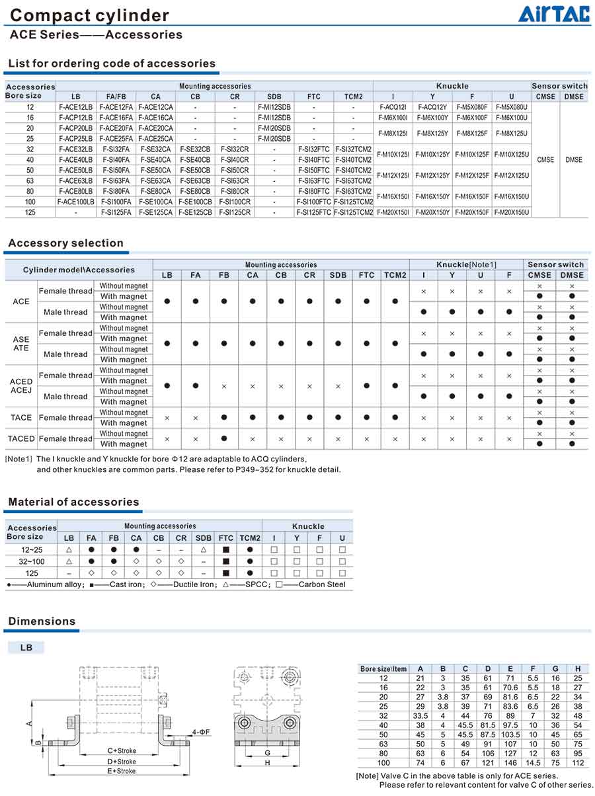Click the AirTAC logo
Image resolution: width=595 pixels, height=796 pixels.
click(x=553, y=14)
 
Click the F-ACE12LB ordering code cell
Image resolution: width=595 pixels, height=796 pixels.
click(x=76, y=106)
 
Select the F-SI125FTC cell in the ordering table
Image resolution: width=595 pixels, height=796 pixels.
click(x=313, y=212)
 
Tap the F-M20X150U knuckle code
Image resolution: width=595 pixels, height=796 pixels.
click(x=511, y=212)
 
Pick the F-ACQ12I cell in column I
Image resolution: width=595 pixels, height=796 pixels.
click(x=393, y=106)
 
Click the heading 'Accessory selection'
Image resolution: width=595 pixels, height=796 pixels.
click(x=65, y=243)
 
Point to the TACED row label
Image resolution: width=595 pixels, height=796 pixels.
click(x=21, y=439)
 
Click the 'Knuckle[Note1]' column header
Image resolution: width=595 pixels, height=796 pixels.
click(x=466, y=264)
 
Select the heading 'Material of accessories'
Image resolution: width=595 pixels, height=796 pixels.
click(x=73, y=502)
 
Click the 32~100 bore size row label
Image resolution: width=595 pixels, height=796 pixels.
click(x=31, y=561)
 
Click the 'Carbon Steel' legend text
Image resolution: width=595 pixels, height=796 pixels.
click(x=325, y=584)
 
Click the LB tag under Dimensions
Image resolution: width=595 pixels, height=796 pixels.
click(x=26, y=648)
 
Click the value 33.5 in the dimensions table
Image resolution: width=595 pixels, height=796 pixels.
click(x=420, y=715)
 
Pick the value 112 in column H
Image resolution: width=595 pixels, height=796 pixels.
click(x=578, y=762)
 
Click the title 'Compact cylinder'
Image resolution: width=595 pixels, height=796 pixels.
click(x=90, y=15)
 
